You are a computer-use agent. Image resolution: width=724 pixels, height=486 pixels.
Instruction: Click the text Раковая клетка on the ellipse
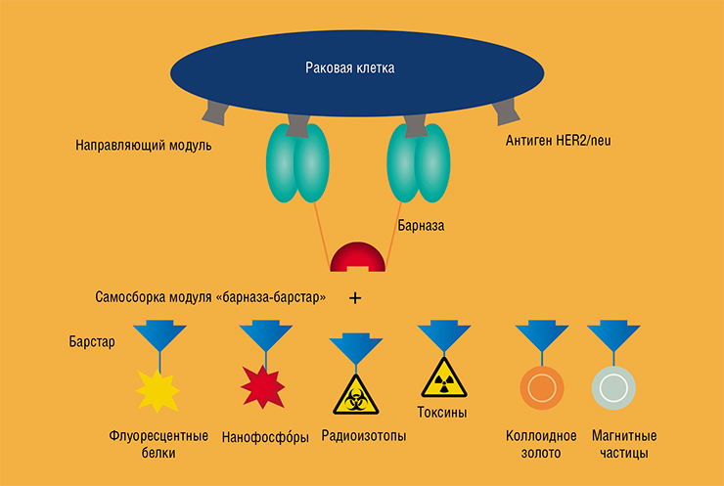[x=350, y=67]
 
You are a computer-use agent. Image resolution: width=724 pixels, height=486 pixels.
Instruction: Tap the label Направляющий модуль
[x=144, y=146]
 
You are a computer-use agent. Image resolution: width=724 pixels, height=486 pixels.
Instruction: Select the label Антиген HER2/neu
[x=558, y=140]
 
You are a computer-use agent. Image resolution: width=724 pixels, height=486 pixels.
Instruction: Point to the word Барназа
[x=421, y=226]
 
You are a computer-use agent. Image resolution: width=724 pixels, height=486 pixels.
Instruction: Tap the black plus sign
[x=354, y=298]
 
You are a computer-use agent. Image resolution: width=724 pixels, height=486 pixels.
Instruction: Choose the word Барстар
[x=92, y=342]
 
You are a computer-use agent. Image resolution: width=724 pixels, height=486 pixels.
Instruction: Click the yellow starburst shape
[x=158, y=391]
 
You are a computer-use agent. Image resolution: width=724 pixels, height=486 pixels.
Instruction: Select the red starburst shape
[x=263, y=387]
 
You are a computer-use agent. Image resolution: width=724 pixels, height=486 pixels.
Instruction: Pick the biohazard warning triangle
[x=356, y=396]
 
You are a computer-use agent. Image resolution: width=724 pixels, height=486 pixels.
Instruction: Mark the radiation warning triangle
[x=444, y=379]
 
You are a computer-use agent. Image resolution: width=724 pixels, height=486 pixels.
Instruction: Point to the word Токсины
[x=442, y=412]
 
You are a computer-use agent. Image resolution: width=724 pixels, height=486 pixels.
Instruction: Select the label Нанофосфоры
[x=265, y=436]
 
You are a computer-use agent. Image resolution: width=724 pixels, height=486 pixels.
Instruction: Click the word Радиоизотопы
[x=364, y=436]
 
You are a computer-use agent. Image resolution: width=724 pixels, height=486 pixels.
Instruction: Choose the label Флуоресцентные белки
[x=158, y=444]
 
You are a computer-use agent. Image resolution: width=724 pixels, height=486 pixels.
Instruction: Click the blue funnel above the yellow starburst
[x=159, y=336]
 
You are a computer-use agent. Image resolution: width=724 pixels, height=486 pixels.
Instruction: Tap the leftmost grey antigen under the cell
[x=215, y=113]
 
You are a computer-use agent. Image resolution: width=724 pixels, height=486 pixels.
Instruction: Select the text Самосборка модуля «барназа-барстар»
[x=210, y=297]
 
